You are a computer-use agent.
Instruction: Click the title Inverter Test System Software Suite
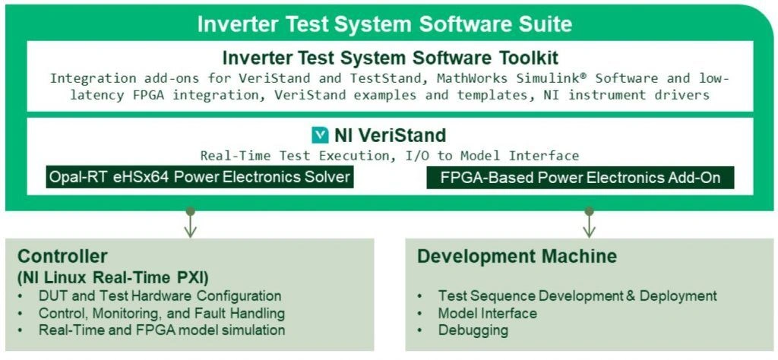click(384, 24)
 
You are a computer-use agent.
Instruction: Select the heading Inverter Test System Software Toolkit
click(390, 58)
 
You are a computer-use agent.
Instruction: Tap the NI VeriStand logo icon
click(321, 136)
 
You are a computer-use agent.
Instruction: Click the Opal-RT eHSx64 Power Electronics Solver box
click(199, 178)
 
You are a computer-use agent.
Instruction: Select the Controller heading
click(62, 256)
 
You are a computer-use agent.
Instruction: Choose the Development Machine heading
click(517, 256)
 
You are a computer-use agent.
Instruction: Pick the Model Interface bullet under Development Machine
click(487, 313)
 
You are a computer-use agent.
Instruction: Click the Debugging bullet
click(473, 330)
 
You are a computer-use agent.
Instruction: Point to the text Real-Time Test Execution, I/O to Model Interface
click(390, 156)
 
